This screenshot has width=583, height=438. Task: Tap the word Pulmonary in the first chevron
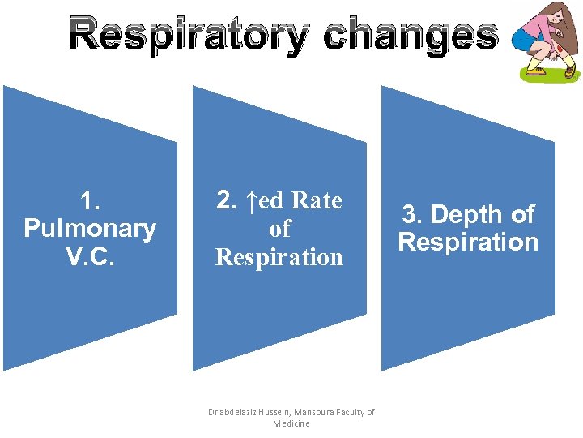pyautogui.click(x=90, y=229)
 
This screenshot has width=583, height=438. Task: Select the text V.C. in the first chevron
pyautogui.click(x=90, y=256)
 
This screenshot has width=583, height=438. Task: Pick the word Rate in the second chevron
pyautogui.click(x=317, y=200)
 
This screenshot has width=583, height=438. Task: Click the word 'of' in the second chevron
pyautogui.click(x=279, y=229)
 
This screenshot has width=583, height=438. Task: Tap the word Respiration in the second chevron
pyautogui.click(x=279, y=257)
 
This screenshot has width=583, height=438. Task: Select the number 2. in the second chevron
pyautogui.click(x=228, y=200)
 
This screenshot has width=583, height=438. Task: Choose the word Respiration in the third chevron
pyautogui.click(x=468, y=243)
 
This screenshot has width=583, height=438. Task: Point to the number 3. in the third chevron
pyautogui.click(x=415, y=215)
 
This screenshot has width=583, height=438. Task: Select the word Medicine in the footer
pyautogui.click(x=291, y=423)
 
